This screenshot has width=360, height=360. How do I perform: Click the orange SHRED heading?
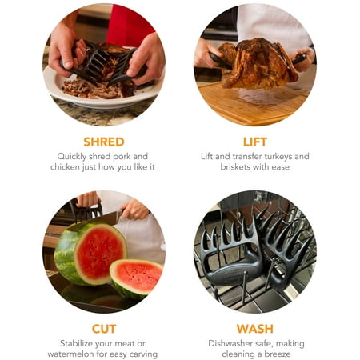(104, 142)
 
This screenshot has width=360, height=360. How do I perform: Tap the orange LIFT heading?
(255, 142)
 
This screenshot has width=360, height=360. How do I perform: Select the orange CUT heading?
(104, 329)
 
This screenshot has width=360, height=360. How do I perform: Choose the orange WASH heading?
(255, 329)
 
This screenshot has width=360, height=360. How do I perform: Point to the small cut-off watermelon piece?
(137, 278)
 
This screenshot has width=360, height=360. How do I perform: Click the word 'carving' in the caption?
(143, 354)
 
